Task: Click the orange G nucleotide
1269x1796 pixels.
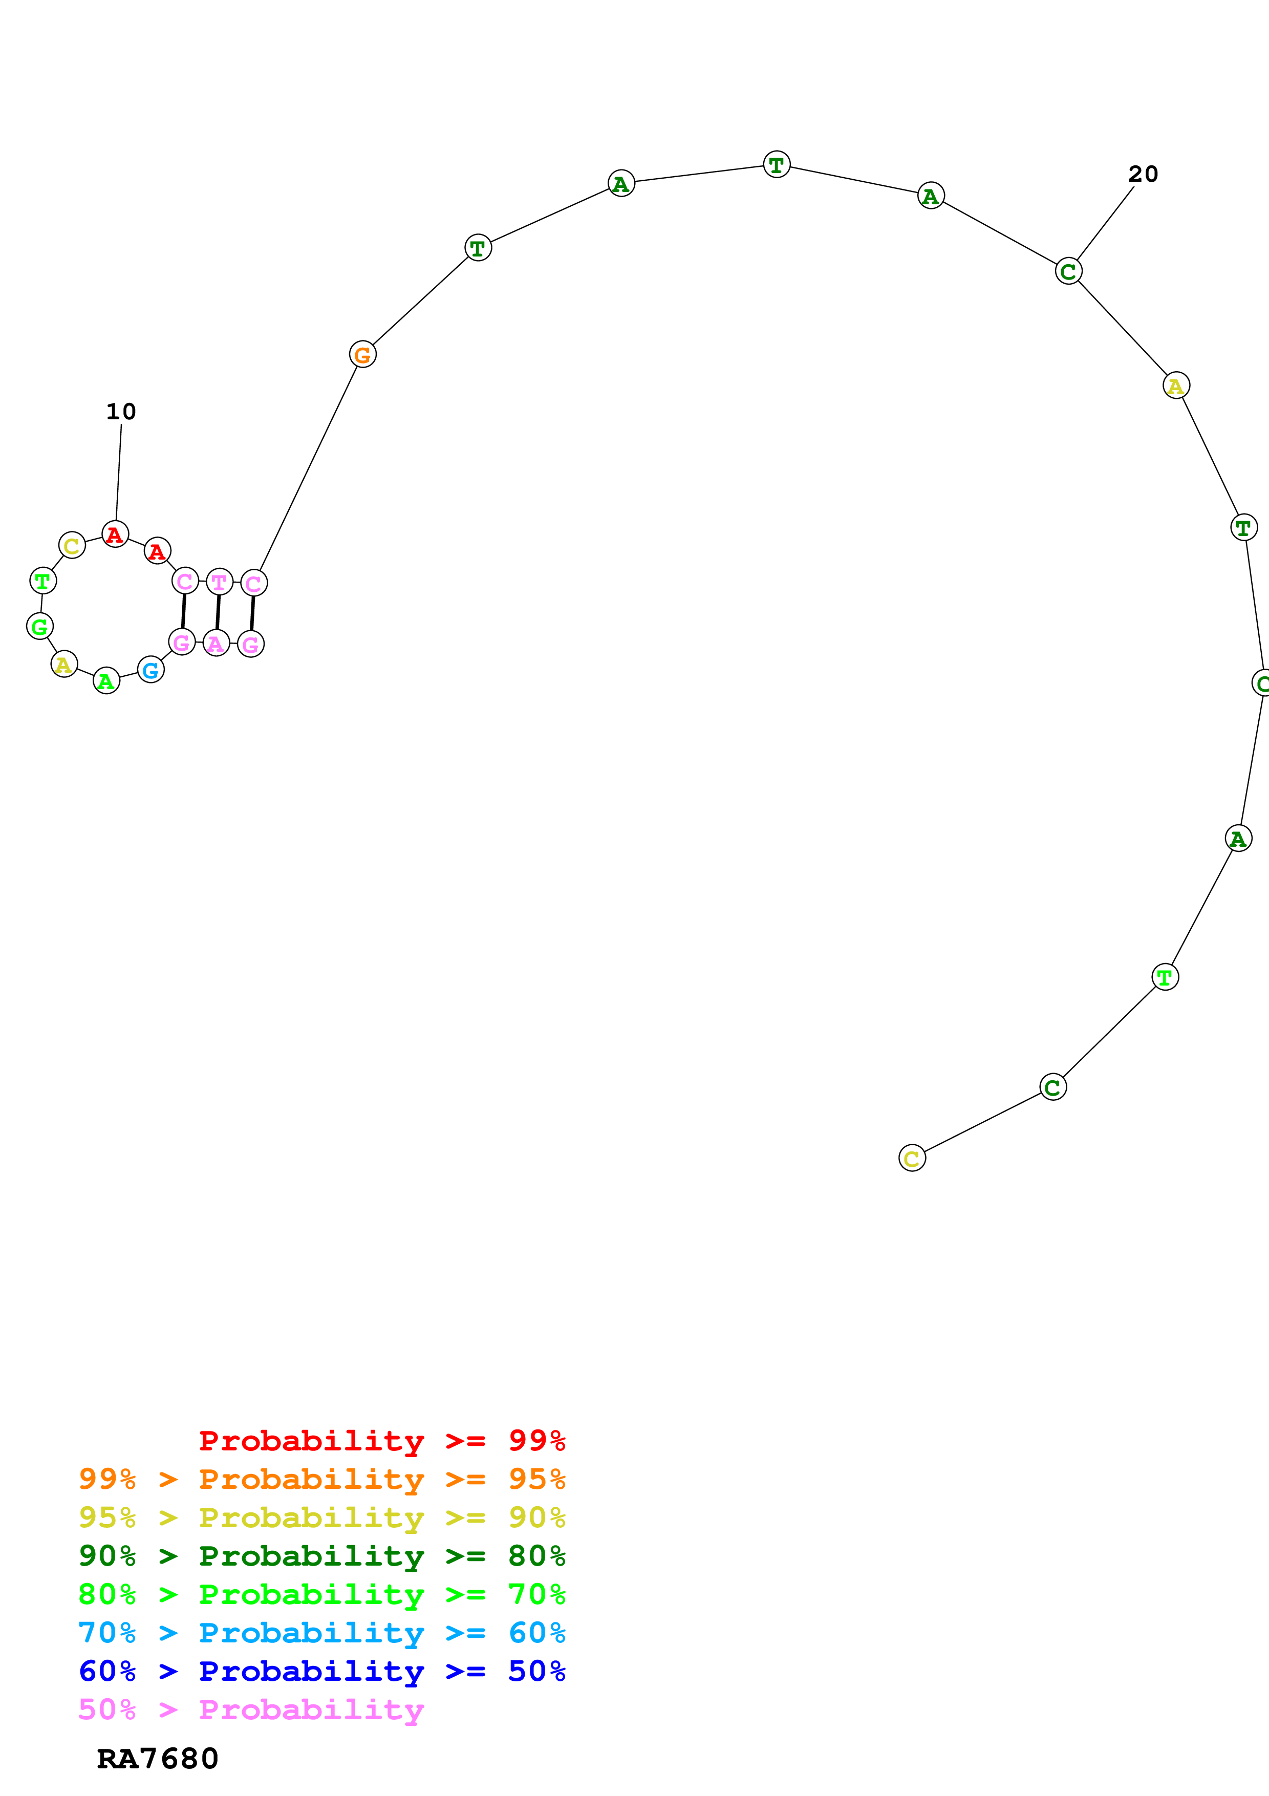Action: point(362,354)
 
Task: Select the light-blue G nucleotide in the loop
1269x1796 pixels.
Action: point(151,670)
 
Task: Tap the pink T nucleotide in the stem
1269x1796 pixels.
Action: point(220,582)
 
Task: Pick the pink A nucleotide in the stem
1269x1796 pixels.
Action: point(217,643)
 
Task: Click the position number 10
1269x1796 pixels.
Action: point(121,412)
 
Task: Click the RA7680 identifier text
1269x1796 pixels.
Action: point(157,1759)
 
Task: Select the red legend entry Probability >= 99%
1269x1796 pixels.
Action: point(381,1440)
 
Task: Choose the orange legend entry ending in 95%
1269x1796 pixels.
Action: point(322,1479)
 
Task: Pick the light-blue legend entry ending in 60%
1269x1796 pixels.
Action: point(322,1633)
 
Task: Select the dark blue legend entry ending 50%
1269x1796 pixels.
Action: point(322,1671)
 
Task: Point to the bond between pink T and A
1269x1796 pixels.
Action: point(218,612)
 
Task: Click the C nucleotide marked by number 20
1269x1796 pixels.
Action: point(1068,271)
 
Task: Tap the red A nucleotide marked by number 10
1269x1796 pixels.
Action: point(115,534)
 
